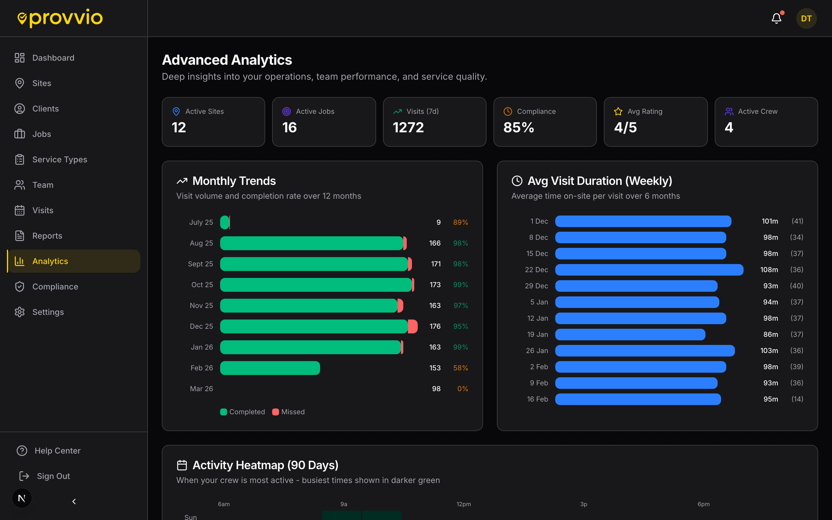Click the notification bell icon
click(x=776, y=18)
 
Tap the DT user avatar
click(x=806, y=18)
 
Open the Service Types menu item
click(x=60, y=159)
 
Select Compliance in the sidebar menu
click(x=55, y=287)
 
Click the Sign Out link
click(x=53, y=476)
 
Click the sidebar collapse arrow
click(x=74, y=502)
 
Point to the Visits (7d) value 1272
click(x=408, y=128)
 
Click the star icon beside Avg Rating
click(x=618, y=112)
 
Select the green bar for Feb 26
click(x=270, y=368)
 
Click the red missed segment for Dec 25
click(x=413, y=326)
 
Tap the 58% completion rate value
click(x=460, y=368)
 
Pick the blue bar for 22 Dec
click(x=649, y=270)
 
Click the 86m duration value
click(x=770, y=334)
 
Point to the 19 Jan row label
click(x=537, y=334)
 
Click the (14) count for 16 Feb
click(x=797, y=399)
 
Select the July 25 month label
click(x=201, y=222)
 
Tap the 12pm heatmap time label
click(x=463, y=504)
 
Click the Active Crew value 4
click(x=729, y=128)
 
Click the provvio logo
click(x=60, y=18)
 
